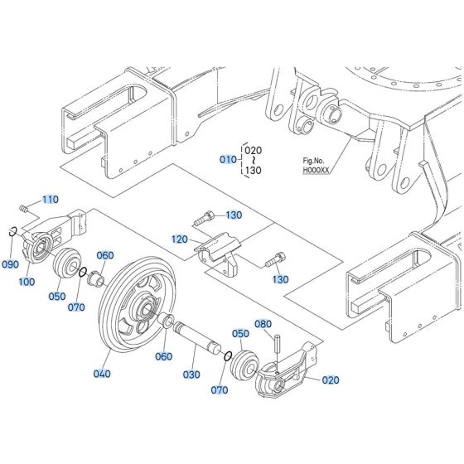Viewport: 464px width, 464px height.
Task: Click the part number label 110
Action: click(51, 200)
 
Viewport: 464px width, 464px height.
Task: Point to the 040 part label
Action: click(102, 374)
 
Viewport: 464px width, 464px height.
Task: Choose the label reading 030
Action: click(191, 375)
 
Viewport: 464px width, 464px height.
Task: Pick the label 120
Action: click(180, 239)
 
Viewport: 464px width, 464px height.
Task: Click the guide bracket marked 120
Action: click(217, 252)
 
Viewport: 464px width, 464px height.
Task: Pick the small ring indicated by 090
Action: click(14, 231)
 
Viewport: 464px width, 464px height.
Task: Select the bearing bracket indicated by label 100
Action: click(48, 240)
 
